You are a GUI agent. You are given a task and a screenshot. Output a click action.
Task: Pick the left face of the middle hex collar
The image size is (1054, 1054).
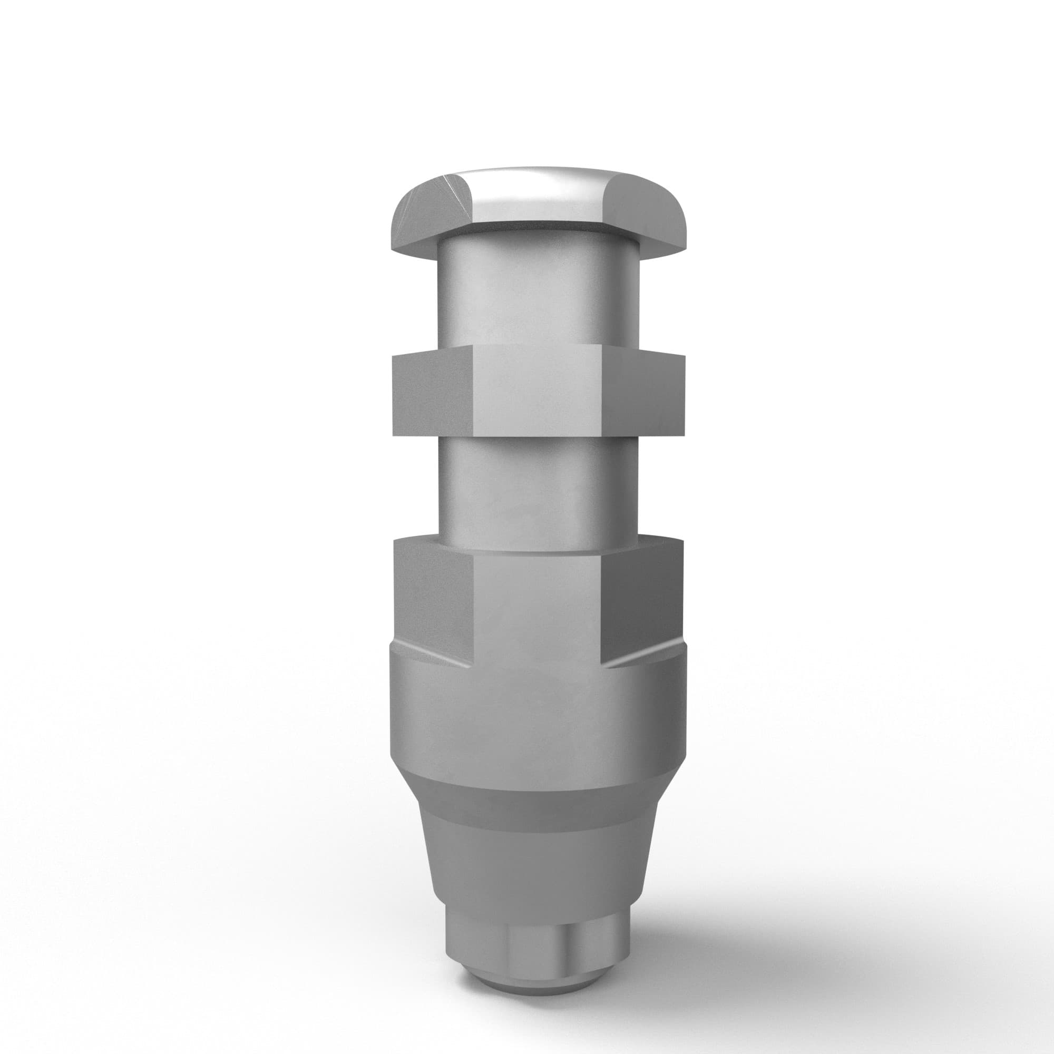click(x=431, y=393)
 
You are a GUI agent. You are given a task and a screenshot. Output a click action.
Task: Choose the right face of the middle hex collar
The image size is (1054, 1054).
click(x=644, y=393)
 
